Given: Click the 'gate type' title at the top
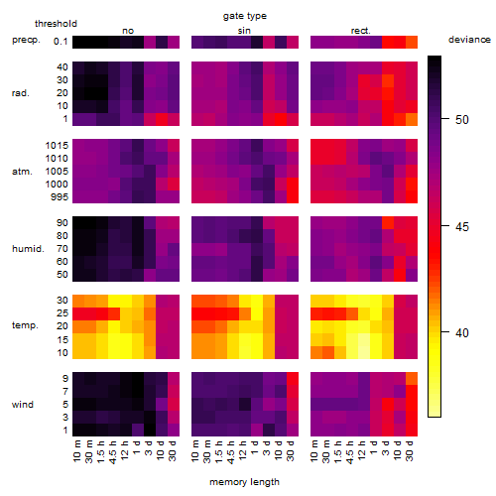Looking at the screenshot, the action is [x=245, y=16].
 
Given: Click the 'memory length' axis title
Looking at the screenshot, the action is [x=244, y=482].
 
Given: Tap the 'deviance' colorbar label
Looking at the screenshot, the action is [x=469, y=40].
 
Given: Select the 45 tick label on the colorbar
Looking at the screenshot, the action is [x=462, y=227].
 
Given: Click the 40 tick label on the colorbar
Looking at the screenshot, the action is [x=462, y=332].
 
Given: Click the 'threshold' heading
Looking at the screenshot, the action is [x=56, y=24].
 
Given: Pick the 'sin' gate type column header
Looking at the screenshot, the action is [x=244, y=31].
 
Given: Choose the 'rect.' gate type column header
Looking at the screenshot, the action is [x=360, y=31].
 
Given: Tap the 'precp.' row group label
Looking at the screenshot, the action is [x=26, y=40].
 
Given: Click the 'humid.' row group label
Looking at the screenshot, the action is [x=28, y=249].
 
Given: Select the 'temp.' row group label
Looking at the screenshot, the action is [x=25, y=325].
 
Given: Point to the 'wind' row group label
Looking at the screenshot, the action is [x=23, y=405].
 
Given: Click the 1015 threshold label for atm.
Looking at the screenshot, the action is [x=57, y=146].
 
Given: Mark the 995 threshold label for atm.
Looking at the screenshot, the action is [x=60, y=197].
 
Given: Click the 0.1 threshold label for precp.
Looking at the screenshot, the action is [x=61, y=42].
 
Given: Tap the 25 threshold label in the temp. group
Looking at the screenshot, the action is [x=62, y=313].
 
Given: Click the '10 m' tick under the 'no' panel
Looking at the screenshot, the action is [x=77, y=450].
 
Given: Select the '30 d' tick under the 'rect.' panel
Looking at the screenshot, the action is [x=410, y=450].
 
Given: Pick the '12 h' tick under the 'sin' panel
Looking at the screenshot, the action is [x=243, y=450].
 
